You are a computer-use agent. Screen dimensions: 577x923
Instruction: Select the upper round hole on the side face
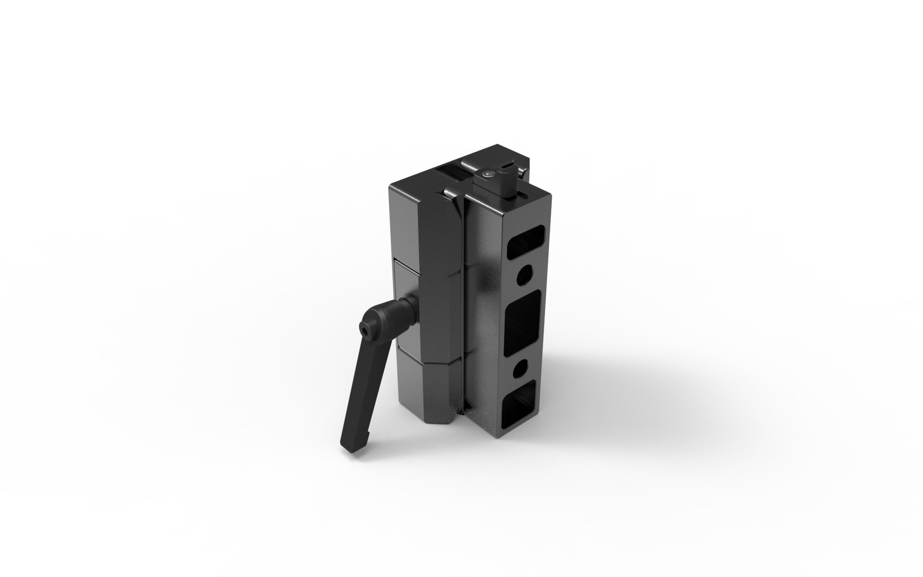point(525,274)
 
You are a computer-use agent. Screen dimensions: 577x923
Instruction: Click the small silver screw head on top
point(488,174)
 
